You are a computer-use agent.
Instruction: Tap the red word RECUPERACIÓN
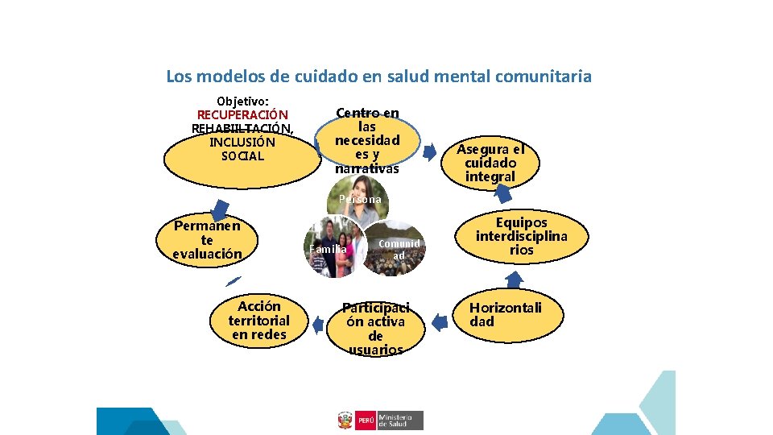(x=242, y=114)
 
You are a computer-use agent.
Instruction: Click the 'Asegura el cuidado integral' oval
(x=490, y=162)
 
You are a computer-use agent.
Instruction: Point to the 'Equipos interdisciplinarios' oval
(x=521, y=236)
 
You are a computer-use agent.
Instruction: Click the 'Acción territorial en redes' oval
(x=259, y=320)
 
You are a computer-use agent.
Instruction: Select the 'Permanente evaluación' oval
(x=207, y=239)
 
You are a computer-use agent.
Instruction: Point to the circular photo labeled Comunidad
(x=394, y=249)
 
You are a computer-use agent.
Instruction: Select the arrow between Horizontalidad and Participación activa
(x=440, y=322)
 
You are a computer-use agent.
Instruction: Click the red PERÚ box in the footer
(x=365, y=420)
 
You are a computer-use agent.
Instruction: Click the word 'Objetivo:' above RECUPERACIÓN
(x=242, y=101)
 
